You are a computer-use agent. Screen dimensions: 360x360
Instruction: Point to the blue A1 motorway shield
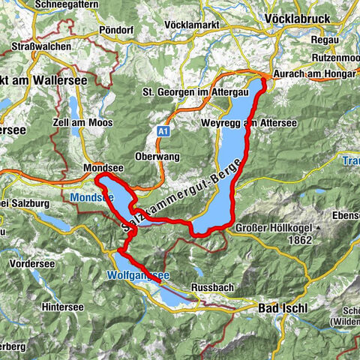(162, 130)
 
